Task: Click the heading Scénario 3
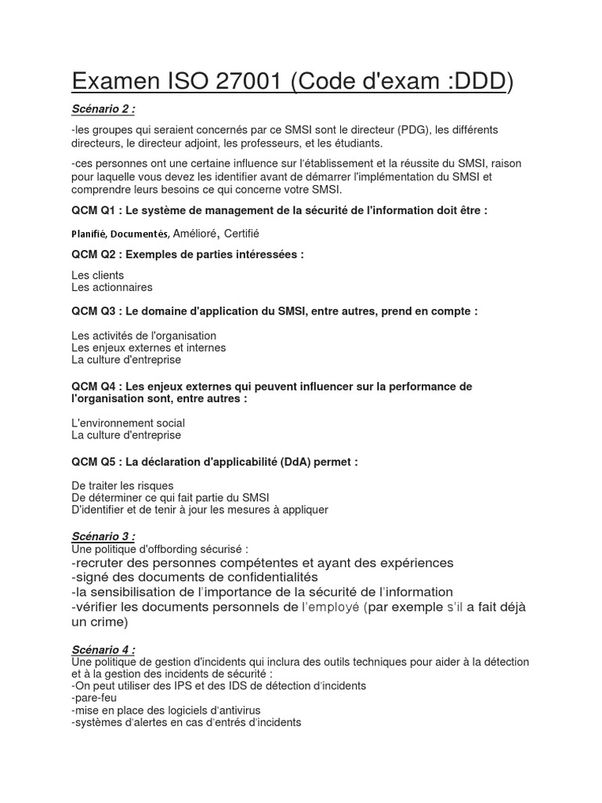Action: click(x=103, y=536)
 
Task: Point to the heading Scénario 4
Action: click(x=103, y=650)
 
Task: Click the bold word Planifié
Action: click(x=89, y=234)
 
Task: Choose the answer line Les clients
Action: click(x=97, y=275)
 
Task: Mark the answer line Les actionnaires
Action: click(x=111, y=288)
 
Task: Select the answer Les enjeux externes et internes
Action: click(x=148, y=347)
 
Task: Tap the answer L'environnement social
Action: click(x=128, y=423)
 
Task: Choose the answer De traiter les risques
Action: click(x=122, y=485)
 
